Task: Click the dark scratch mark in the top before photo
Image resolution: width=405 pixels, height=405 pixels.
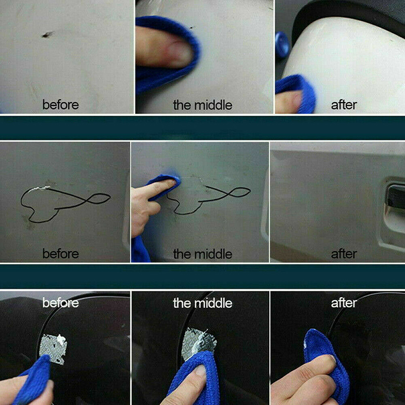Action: tap(48, 34)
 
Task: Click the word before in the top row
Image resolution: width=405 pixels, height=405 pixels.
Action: tap(61, 105)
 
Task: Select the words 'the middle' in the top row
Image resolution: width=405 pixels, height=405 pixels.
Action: tap(203, 105)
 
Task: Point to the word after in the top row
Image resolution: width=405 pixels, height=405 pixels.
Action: tap(344, 105)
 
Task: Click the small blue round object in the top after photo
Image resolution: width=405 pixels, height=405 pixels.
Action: tap(281, 42)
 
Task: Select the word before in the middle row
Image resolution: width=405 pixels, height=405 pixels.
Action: tap(61, 254)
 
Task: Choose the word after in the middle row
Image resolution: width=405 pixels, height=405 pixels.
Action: tap(344, 254)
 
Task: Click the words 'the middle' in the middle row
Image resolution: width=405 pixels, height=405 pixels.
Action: tap(203, 254)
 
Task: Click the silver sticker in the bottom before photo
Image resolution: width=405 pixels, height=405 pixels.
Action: tap(54, 349)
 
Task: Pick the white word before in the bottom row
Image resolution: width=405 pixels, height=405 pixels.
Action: tap(61, 303)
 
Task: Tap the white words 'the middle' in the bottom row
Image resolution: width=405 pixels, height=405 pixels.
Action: tap(203, 303)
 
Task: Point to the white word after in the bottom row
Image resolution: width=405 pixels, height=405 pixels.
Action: tap(344, 303)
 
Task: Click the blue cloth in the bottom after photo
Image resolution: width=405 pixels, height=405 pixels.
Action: tap(326, 361)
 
